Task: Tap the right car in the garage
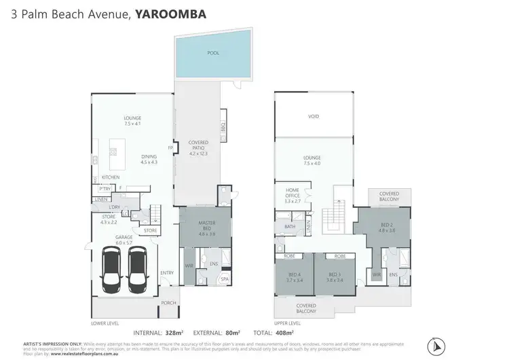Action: (x=137, y=268)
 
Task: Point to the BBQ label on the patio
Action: (x=223, y=127)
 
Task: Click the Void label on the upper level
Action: (x=314, y=116)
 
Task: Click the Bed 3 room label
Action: (x=335, y=277)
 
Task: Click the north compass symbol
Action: (x=434, y=341)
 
